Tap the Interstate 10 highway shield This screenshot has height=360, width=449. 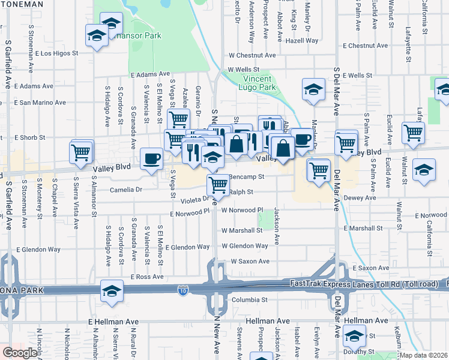183,291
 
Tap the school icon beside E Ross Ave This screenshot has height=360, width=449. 112,291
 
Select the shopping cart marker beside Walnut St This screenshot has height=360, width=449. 413,133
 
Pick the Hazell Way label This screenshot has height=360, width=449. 302,41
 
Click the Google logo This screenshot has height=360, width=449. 20,353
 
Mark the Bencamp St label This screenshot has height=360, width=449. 247,177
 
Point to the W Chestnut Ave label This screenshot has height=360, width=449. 252,55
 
